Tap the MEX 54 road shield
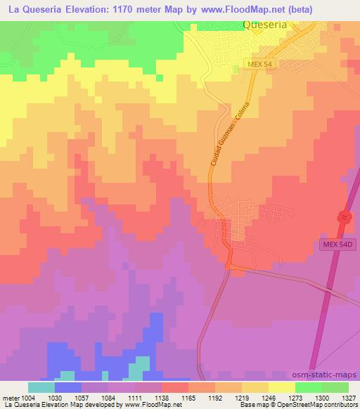[x=258, y=64]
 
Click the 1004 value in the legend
[x=27, y=398]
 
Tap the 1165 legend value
[x=188, y=398]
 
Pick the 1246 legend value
[x=268, y=398]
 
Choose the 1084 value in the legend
[x=108, y=398]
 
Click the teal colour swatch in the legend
[x=41, y=387]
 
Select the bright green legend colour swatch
[x=309, y=387]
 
